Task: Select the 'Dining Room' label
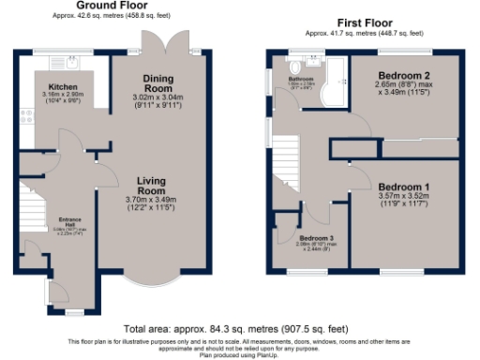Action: (152, 83)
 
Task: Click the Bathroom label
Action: (300, 80)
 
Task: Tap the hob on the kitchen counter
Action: (25, 116)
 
